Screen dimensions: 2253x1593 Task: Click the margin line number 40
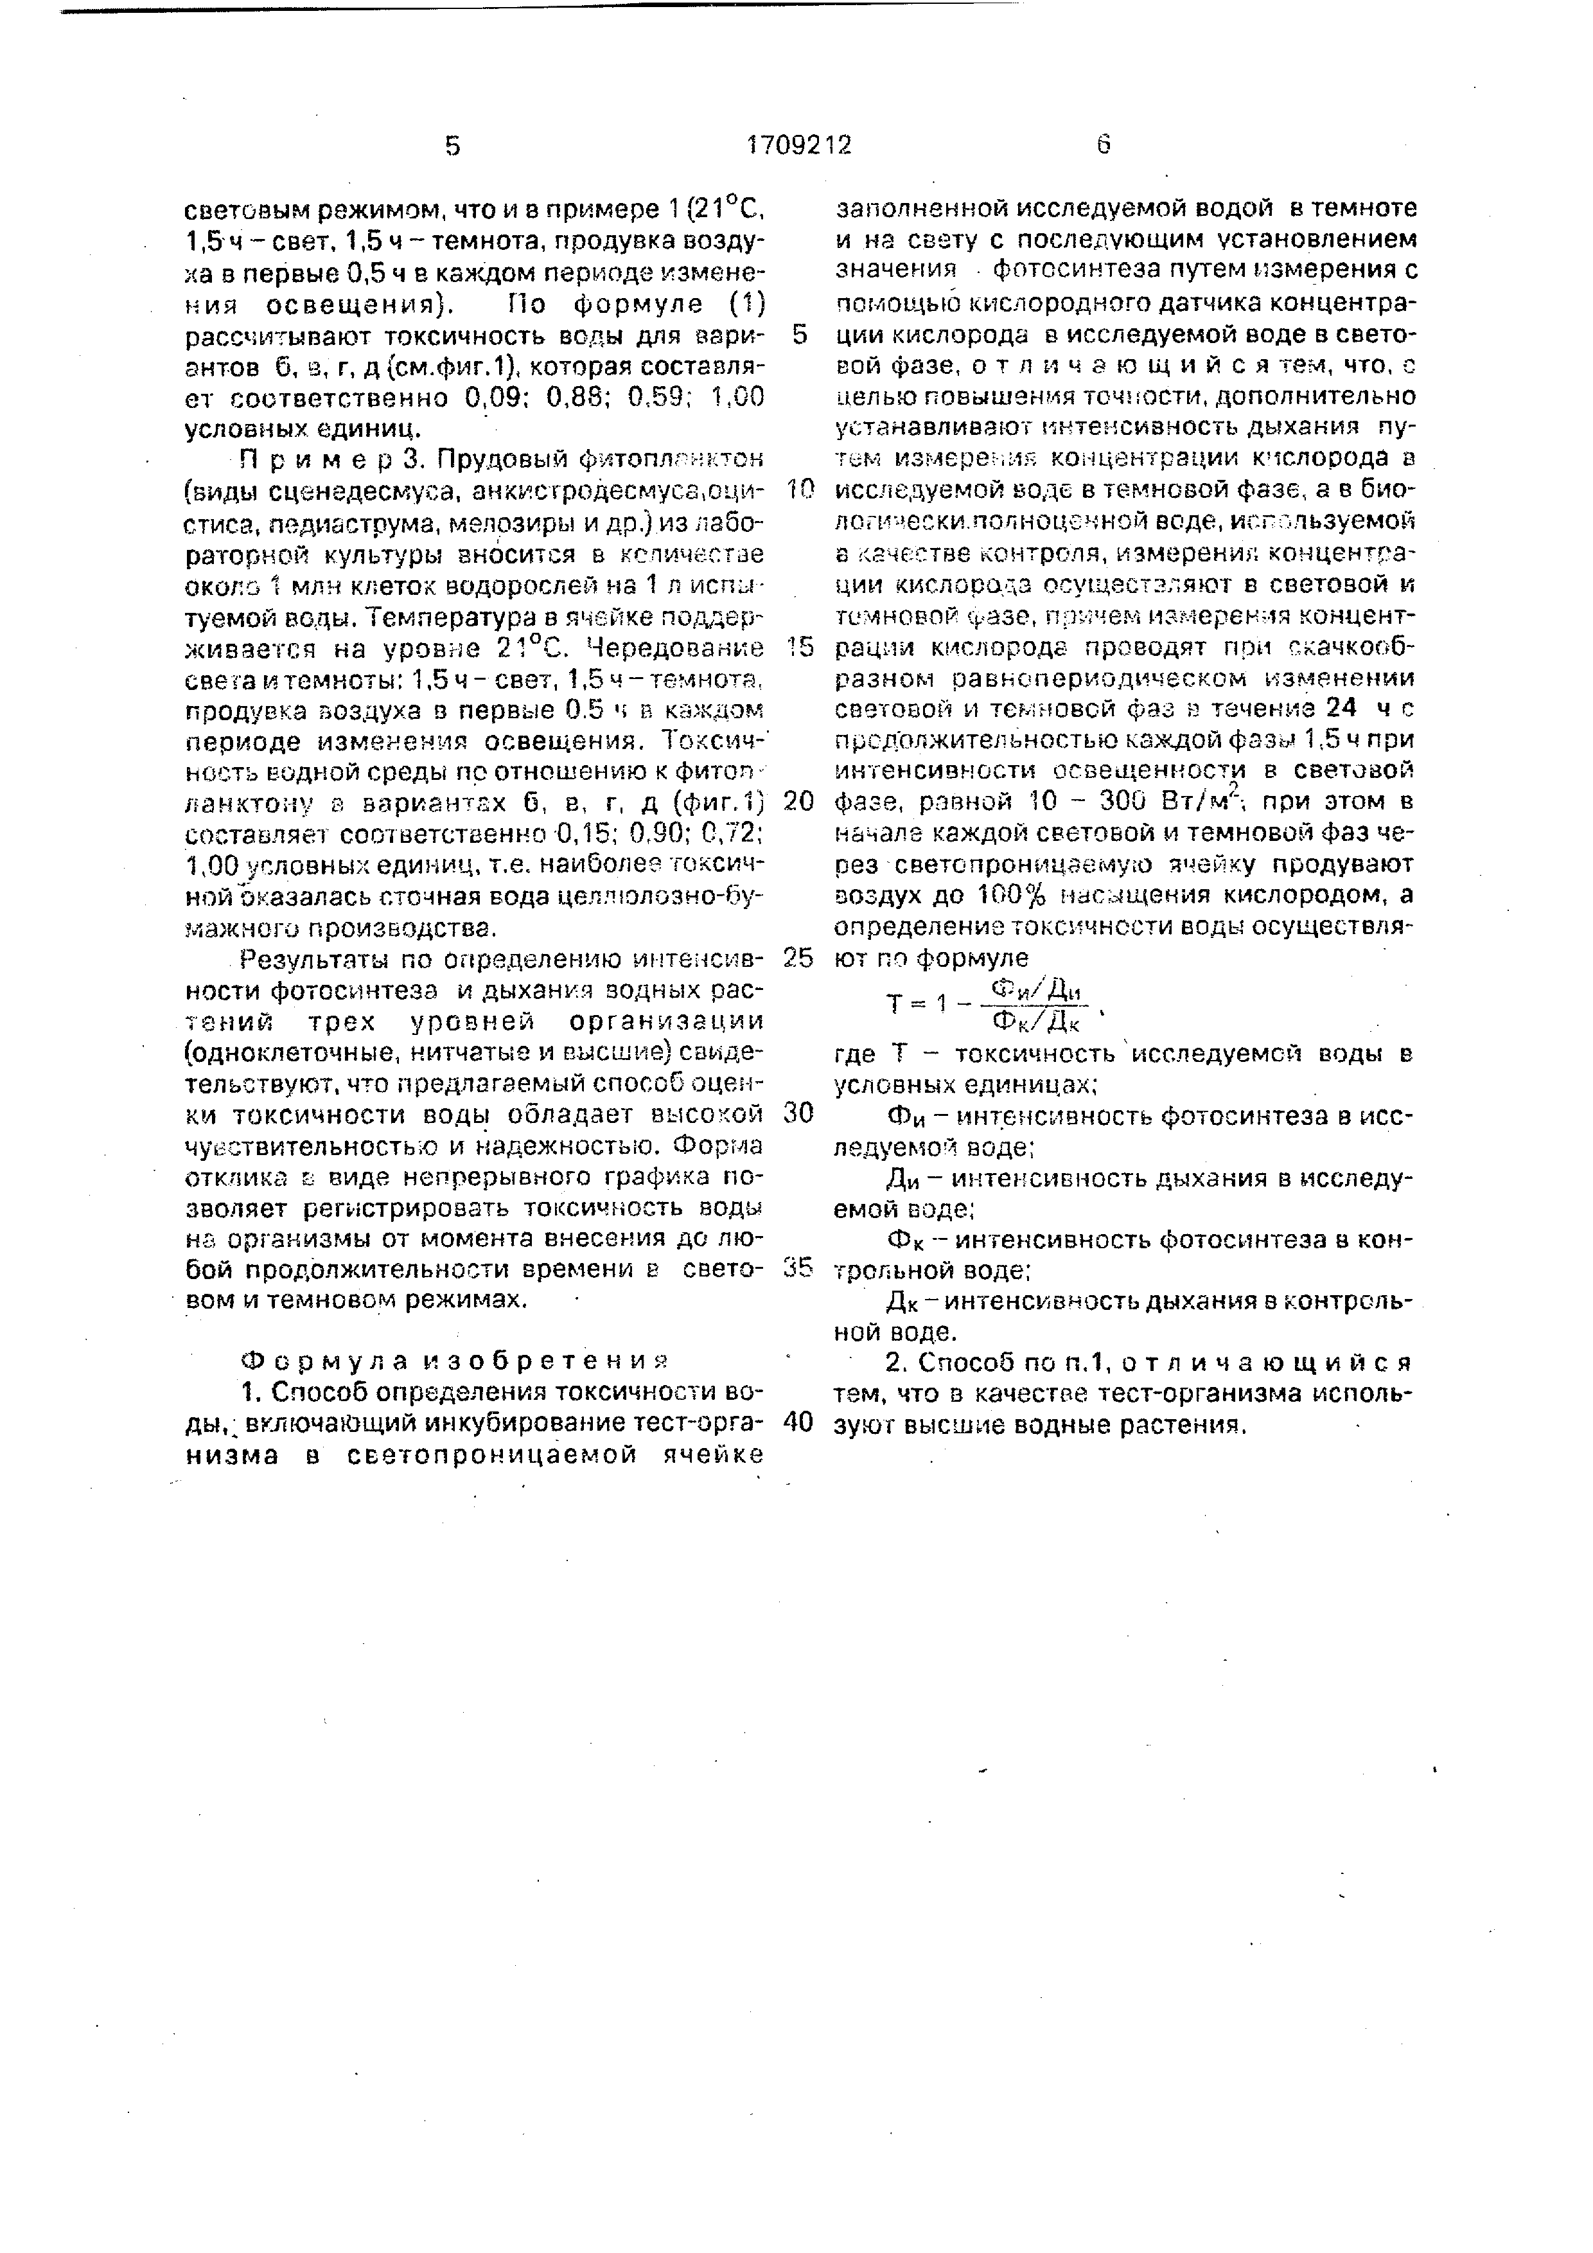800,1424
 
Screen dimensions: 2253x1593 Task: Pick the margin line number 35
800,1268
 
